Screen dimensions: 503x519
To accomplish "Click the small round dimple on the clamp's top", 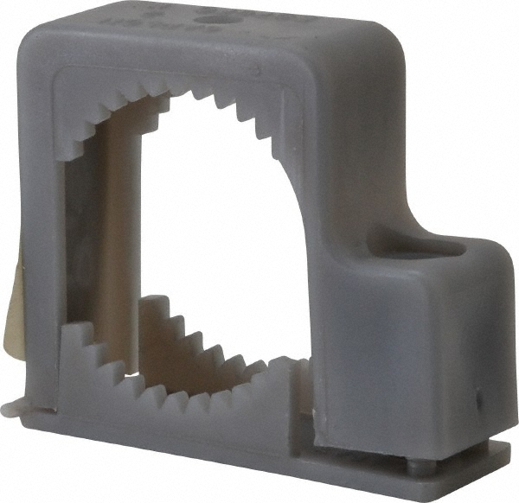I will pos(208,16).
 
